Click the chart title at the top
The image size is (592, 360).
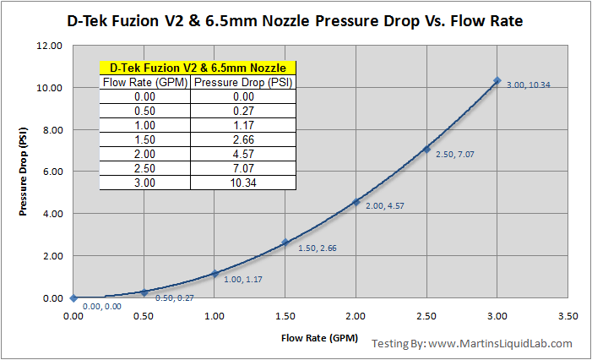tap(296, 19)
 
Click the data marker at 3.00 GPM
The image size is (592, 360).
tap(497, 80)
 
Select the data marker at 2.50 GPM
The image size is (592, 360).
tap(426, 149)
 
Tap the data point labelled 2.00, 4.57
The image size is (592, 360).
tap(356, 202)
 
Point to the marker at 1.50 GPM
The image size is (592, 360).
tap(285, 242)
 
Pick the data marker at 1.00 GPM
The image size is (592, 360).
tap(215, 273)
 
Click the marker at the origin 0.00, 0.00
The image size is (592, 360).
tap(74, 297)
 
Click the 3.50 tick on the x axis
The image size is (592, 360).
tap(568, 314)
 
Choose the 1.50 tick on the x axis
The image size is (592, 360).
tap(285, 314)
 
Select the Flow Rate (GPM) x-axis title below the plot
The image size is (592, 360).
tap(321, 339)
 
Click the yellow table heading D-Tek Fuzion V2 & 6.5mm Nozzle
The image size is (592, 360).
tap(198, 68)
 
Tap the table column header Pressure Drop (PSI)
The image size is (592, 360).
tap(244, 83)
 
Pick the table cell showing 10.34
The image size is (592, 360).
tap(244, 183)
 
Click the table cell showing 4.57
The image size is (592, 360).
tap(244, 154)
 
